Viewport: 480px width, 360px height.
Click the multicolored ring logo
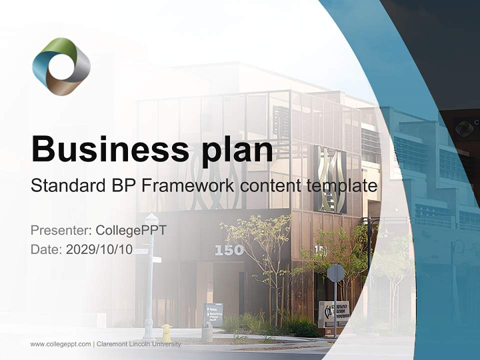[61, 66]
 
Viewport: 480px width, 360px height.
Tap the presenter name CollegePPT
[133, 230]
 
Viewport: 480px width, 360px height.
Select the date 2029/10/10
[99, 249]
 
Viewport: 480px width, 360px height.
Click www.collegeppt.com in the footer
[60, 344]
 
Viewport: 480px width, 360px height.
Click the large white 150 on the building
[229, 250]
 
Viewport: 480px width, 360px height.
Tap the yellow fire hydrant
[166, 332]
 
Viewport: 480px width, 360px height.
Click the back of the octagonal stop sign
[335, 273]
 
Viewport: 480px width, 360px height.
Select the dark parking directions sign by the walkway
[213, 314]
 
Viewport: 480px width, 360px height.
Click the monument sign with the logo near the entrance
[333, 313]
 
